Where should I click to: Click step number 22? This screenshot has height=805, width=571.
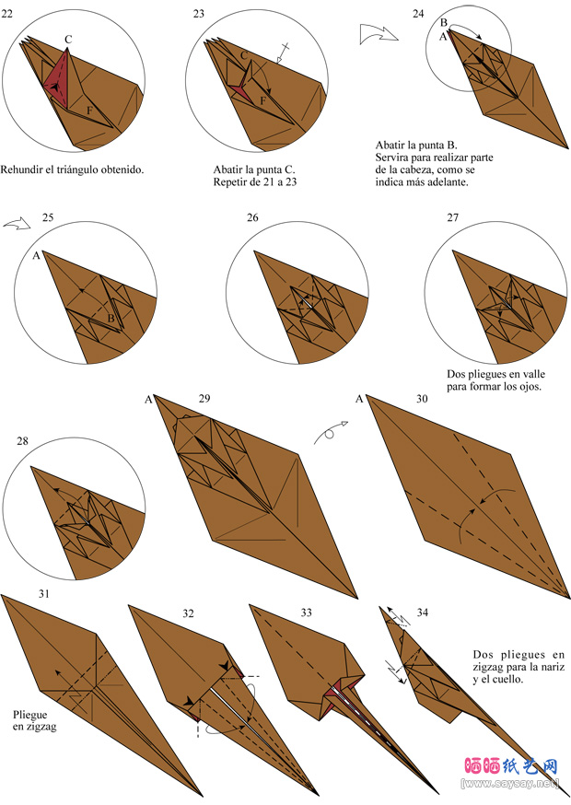[x=6, y=14]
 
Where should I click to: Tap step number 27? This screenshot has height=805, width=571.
[x=452, y=217]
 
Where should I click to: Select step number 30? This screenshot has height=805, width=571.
[x=422, y=399]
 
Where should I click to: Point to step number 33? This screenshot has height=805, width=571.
[x=306, y=612]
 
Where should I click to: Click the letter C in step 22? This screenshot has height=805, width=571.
[x=68, y=39]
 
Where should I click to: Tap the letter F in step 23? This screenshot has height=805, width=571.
[x=262, y=100]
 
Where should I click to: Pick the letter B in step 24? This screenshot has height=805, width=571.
[x=444, y=23]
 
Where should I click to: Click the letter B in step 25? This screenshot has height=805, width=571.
[x=111, y=319]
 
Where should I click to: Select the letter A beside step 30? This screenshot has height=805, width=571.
[x=359, y=399]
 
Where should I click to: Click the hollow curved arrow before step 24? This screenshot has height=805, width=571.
[x=379, y=33]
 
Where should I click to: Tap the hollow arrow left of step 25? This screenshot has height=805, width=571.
[x=17, y=224]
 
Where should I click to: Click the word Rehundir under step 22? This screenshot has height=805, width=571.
[x=21, y=169]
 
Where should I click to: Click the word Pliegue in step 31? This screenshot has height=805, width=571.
[x=29, y=715]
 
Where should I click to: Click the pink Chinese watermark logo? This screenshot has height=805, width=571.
[x=511, y=766]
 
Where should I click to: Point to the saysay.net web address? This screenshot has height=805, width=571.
[x=510, y=784]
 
